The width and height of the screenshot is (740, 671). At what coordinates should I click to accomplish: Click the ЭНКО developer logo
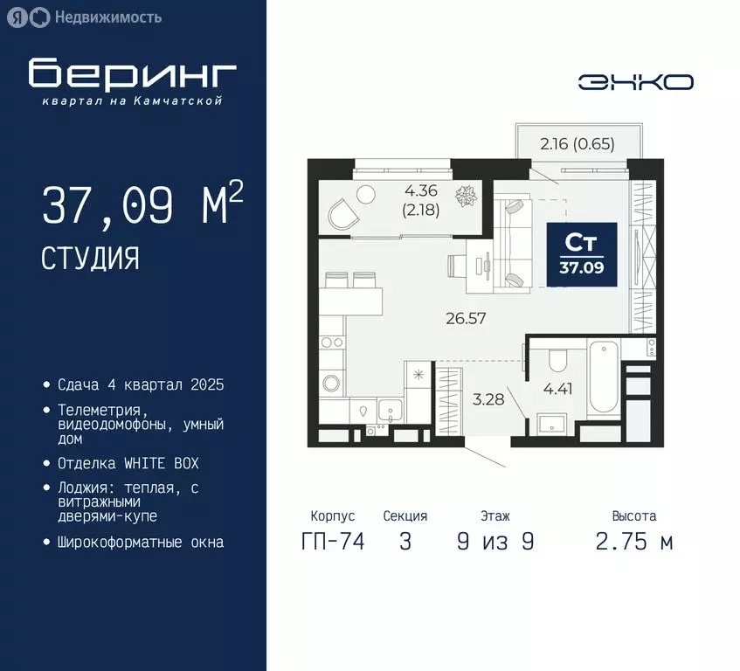click(635, 82)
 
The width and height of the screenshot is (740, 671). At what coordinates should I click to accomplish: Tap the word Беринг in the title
click(132, 74)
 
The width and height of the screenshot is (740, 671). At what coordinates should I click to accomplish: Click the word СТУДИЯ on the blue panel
click(89, 258)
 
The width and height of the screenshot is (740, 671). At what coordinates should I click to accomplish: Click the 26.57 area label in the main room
click(465, 319)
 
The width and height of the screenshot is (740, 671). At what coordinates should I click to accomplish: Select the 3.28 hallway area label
click(488, 401)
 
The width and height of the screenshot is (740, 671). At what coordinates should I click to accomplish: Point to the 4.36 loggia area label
click(420, 191)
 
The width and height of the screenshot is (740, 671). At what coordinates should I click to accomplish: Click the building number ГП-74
click(332, 542)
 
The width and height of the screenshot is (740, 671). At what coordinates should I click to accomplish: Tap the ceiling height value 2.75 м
click(633, 542)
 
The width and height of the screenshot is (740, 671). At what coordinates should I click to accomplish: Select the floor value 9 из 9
click(494, 542)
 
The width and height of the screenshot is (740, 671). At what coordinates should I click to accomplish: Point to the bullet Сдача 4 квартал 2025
click(141, 384)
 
